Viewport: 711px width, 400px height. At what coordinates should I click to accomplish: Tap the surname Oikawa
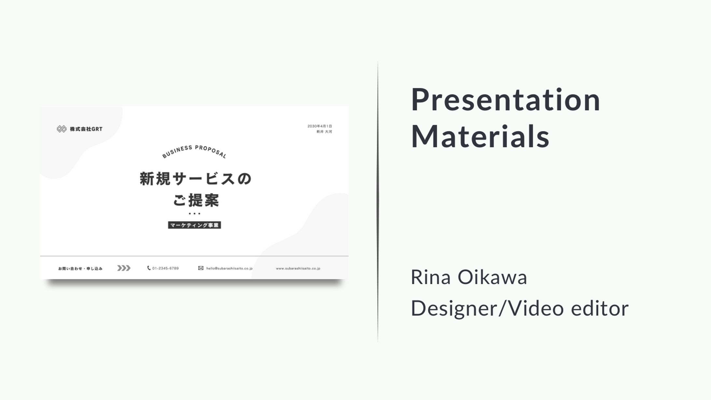tap(492, 277)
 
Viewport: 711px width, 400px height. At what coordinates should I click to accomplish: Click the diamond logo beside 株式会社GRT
tap(62, 129)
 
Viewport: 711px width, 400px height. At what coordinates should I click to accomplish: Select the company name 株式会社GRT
tap(86, 129)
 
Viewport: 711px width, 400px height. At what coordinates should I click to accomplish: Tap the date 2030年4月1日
tap(320, 126)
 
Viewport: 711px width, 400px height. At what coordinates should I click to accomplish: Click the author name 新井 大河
tap(324, 132)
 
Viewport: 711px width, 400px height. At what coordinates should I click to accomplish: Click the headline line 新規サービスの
tap(196, 179)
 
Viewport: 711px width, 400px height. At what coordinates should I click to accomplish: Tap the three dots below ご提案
tap(195, 214)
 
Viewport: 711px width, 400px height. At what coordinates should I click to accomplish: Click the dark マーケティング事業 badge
tap(194, 225)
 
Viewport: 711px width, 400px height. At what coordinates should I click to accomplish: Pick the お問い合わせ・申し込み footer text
tap(80, 269)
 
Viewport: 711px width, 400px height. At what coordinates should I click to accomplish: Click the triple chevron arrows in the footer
tap(124, 268)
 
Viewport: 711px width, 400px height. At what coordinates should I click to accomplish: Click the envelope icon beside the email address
tap(201, 268)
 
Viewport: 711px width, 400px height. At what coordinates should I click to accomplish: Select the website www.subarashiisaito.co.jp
tap(298, 269)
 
